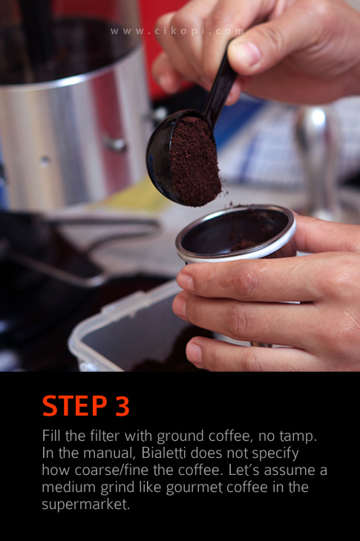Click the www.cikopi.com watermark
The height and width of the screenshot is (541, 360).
pos(177,31)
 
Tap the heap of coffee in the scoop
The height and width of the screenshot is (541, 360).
pos(194,163)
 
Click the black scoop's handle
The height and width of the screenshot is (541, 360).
pos(221,84)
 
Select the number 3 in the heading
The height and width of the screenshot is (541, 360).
pos(122,406)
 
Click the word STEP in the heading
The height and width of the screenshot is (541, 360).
pos(75,406)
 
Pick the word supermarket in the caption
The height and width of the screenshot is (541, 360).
pos(85,505)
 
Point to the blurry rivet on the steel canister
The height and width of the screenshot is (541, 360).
pos(116,144)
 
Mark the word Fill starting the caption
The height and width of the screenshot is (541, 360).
pos(51,436)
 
